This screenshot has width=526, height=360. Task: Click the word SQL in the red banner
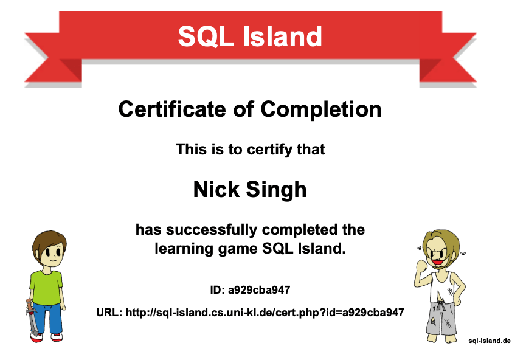[x=206, y=36]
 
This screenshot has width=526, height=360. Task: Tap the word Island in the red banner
[x=282, y=36]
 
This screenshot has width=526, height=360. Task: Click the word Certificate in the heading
[x=172, y=109]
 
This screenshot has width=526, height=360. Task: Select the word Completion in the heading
[x=321, y=110]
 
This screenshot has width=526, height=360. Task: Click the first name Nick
[x=216, y=190]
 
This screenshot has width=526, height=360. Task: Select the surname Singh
[x=276, y=190]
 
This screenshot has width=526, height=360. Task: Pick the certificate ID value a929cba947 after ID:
[x=259, y=290]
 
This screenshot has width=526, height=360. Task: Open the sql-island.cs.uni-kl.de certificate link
[x=265, y=313]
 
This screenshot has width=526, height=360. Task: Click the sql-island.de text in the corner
[x=490, y=341]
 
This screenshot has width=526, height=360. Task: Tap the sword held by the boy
[x=32, y=316]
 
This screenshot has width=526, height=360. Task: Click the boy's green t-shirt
[x=46, y=288]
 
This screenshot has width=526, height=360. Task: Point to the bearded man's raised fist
[x=421, y=266]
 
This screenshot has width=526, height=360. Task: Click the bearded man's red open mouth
[x=436, y=260]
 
